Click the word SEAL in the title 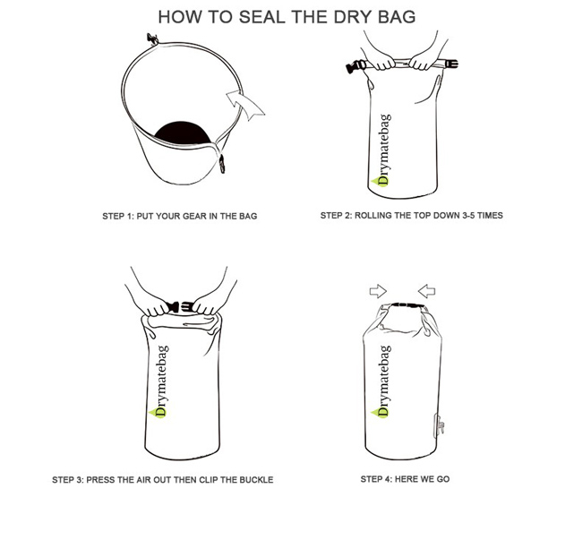click(x=262, y=17)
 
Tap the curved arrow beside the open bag click(x=244, y=105)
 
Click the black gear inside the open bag click(x=183, y=133)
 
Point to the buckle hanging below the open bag click(x=222, y=164)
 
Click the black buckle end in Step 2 click(x=354, y=67)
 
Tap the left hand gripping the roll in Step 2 click(x=382, y=62)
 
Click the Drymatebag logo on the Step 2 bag click(x=382, y=150)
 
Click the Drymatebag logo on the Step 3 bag click(x=159, y=381)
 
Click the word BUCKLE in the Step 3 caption click(x=256, y=480)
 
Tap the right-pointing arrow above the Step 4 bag click(x=378, y=291)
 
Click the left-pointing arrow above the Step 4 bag click(x=427, y=291)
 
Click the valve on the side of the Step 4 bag click(x=439, y=425)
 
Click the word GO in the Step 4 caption click(x=443, y=479)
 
